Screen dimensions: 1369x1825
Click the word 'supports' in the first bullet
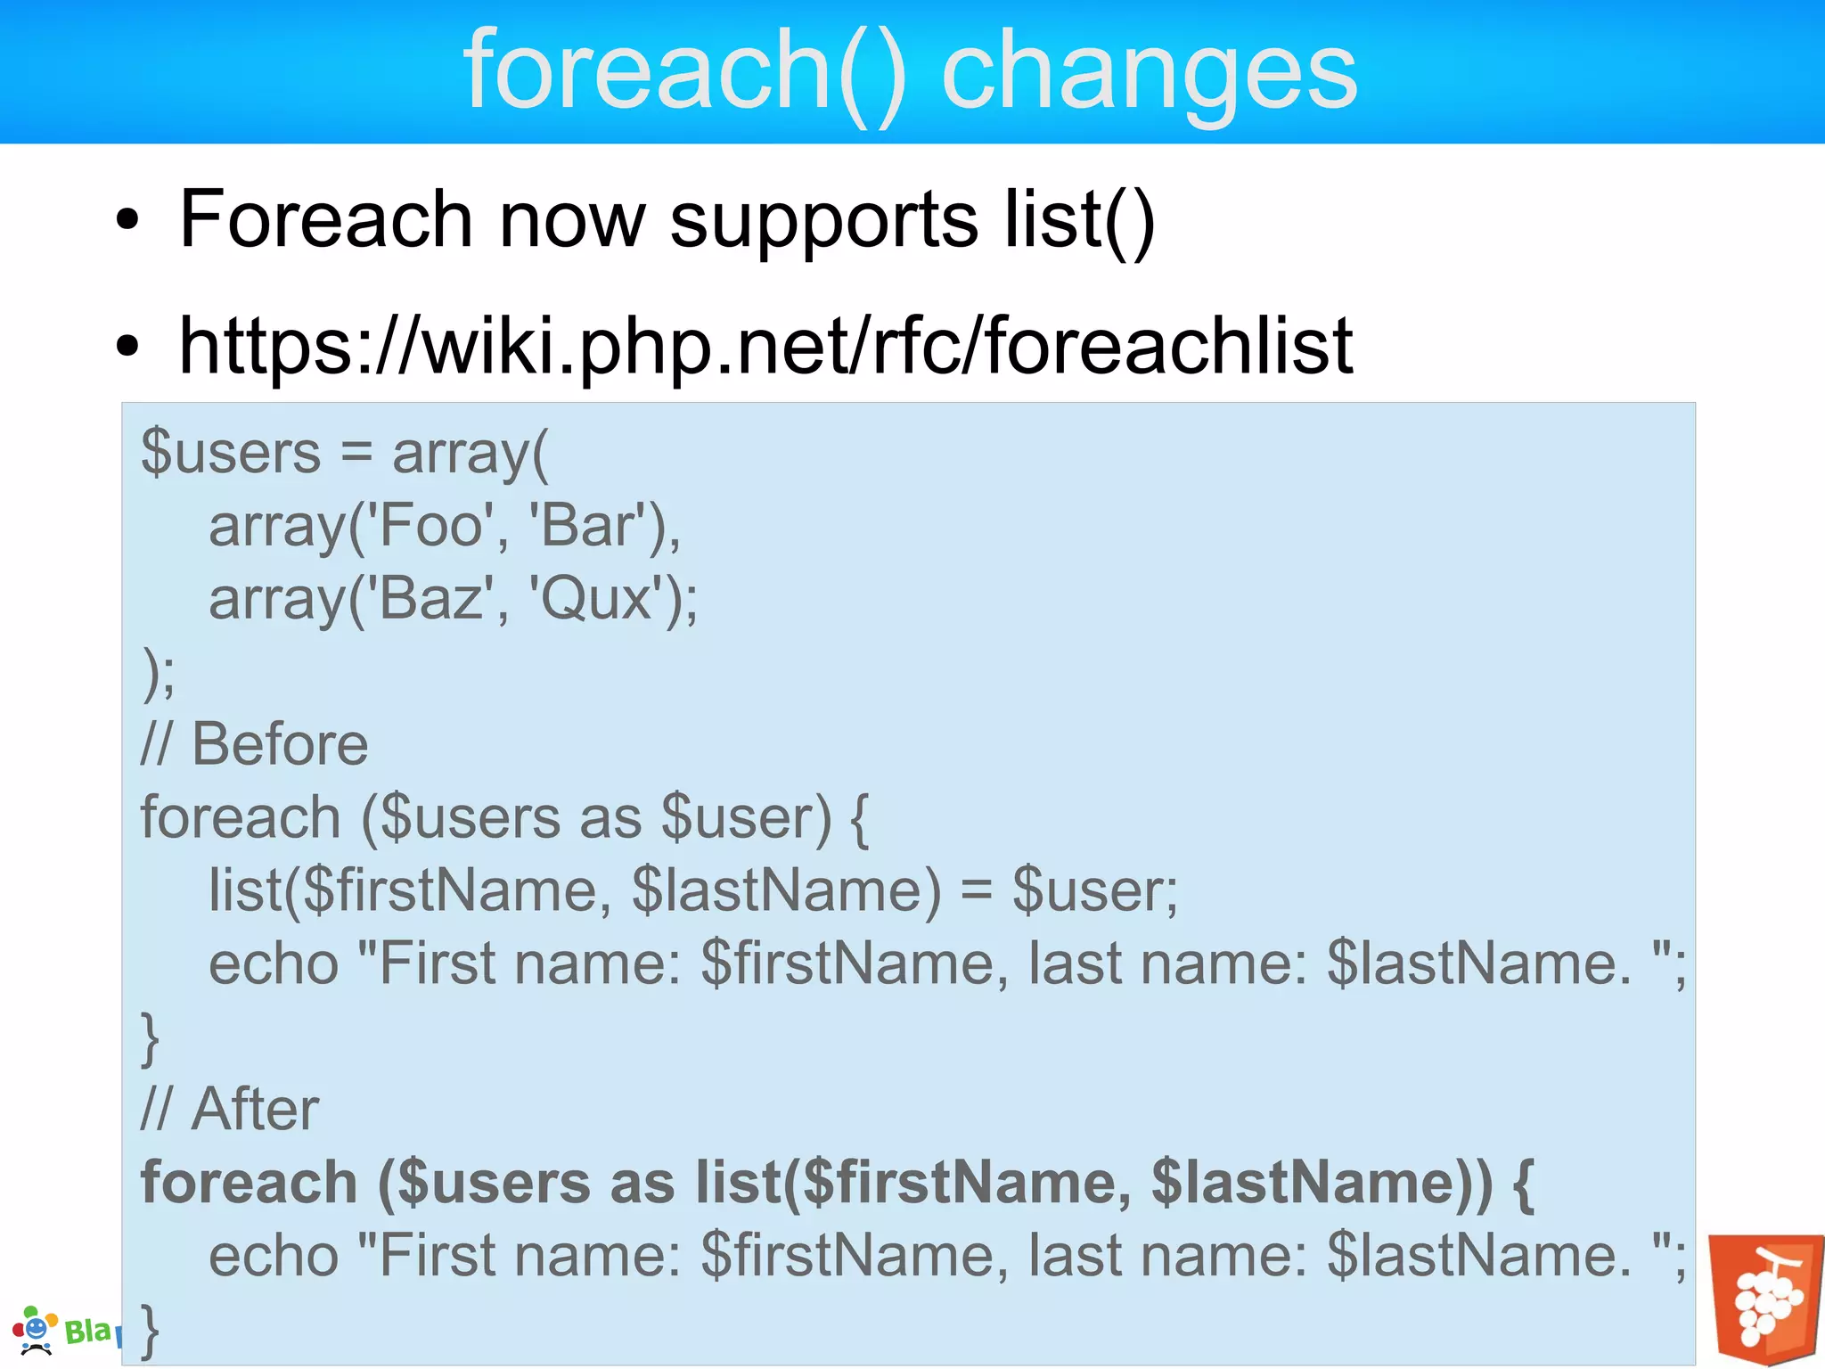pyautogui.click(x=823, y=220)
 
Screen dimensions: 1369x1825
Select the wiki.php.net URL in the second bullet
pyautogui.click(x=766, y=347)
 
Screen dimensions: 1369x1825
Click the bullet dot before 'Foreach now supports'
pyautogui.click(x=127, y=220)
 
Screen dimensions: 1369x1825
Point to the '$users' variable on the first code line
pyautogui.click(x=231, y=453)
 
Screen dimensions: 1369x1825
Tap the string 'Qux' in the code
pyautogui.click(x=599, y=599)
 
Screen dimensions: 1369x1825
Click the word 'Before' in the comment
pyautogui.click(x=280, y=745)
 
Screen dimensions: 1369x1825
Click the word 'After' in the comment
pyautogui.click(x=255, y=1110)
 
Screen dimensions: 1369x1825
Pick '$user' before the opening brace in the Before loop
pyautogui.click(x=745, y=818)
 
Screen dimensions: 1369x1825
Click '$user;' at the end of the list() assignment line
pyautogui.click(x=1094, y=891)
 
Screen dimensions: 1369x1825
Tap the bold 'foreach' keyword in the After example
pyautogui.click(x=250, y=1183)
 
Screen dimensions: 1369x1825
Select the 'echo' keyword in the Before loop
pyautogui.click(x=274, y=964)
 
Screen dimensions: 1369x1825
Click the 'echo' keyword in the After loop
pyautogui.click(x=274, y=1256)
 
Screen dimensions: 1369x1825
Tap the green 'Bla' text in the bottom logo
pyautogui.click(x=87, y=1332)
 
